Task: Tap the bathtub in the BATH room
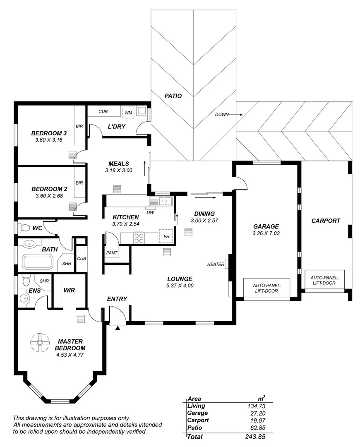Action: point(38,262)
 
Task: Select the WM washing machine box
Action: point(128,112)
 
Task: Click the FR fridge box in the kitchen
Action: point(166,236)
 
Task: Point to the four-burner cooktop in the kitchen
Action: point(139,238)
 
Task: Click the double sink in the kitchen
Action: point(161,202)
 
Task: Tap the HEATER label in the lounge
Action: point(216,264)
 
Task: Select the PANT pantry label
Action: point(112,252)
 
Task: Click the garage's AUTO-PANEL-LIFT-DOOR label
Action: point(267,288)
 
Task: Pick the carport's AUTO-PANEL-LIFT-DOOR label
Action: point(324,280)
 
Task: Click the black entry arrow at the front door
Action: point(118,328)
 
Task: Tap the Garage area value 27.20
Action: point(257,413)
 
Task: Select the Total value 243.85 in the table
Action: point(255,437)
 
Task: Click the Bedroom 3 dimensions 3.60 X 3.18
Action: point(49,140)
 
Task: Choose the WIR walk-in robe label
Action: point(69,290)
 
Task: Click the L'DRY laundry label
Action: point(116,126)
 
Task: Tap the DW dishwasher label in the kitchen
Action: point(150,212)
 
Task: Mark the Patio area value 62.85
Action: point(257,428)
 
